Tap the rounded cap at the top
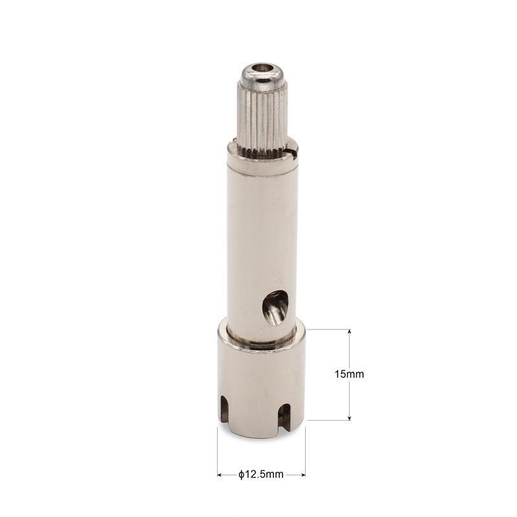[260, 75]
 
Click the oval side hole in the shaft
[275, 308]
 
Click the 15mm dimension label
[350, 374]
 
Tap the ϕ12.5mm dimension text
[261, 474]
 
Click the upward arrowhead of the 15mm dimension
[350, 332]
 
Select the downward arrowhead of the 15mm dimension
[350, 417]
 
